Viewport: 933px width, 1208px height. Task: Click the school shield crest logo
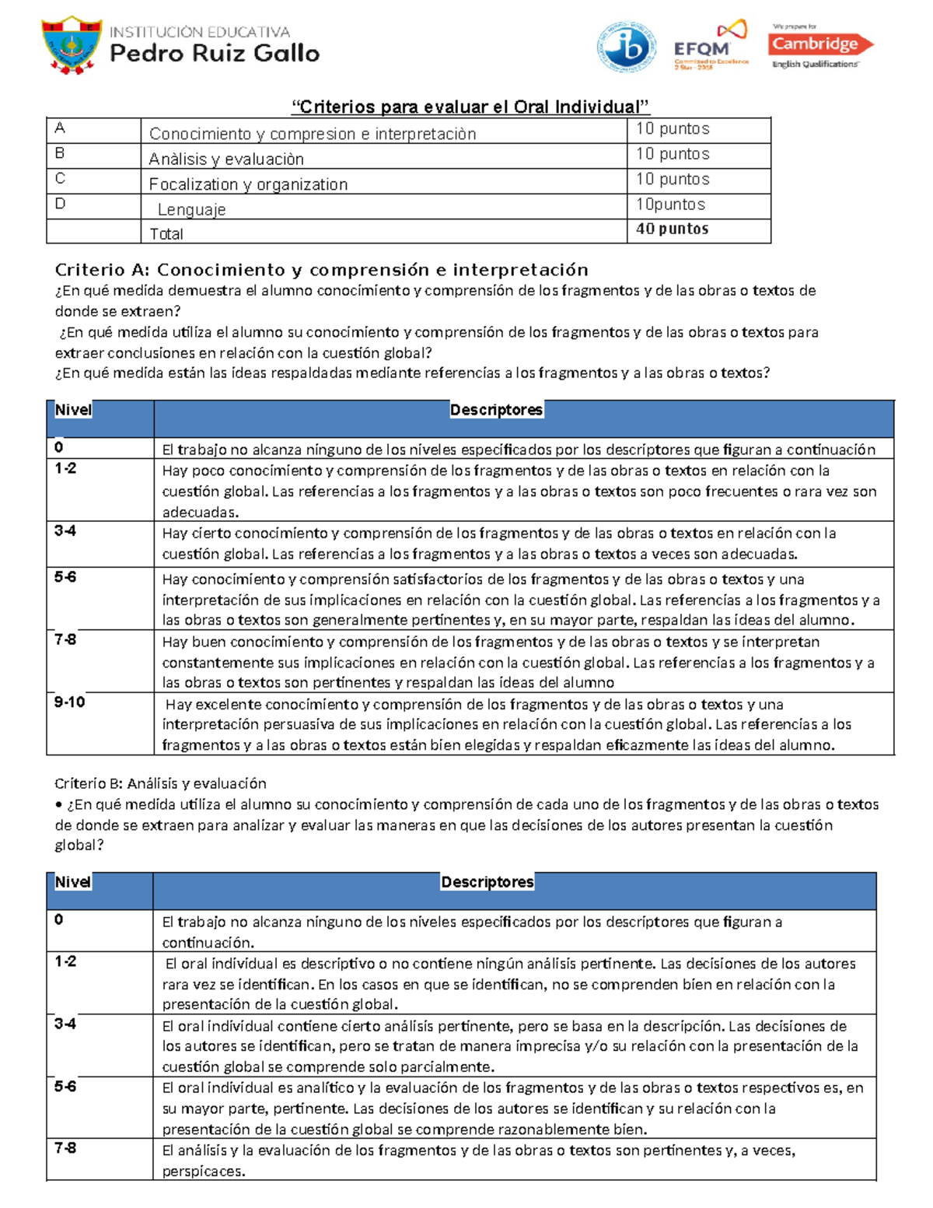72,45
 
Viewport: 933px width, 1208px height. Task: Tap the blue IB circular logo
626,47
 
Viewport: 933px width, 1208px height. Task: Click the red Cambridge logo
820,45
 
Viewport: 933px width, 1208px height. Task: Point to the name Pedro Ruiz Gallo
215,54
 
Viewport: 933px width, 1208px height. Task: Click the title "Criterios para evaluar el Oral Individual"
470,107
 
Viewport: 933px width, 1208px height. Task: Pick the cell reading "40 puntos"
672,229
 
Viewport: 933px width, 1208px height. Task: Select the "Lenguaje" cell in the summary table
191,209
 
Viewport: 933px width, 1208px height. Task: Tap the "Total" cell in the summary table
166,233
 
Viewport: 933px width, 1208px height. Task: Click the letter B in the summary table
60,153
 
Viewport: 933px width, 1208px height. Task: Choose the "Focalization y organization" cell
248,184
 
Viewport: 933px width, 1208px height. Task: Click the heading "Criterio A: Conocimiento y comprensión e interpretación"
321,270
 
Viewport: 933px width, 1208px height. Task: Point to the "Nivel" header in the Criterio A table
73,410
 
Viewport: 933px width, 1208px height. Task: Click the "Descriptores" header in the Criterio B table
487,882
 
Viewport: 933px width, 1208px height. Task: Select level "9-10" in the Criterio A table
69,702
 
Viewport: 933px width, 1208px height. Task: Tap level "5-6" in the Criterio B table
65,1087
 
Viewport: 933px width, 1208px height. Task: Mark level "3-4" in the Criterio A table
65,531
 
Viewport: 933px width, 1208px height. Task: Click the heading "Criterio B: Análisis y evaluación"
160,783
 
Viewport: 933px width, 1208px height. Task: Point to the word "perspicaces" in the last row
203,1171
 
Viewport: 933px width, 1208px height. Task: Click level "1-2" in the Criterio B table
65,961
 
